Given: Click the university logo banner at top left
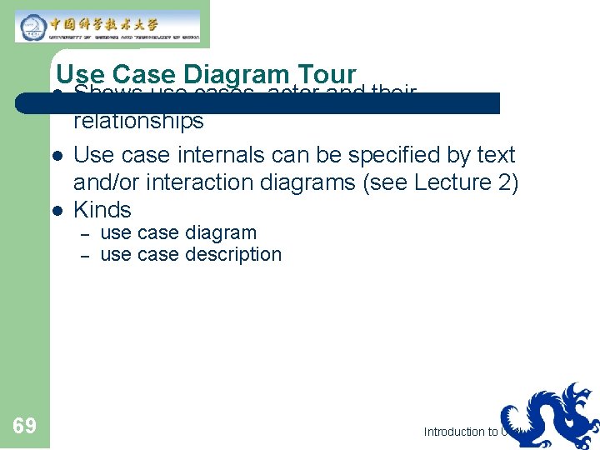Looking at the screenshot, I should tap(107, 26).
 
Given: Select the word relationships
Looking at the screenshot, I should tap(138, 122).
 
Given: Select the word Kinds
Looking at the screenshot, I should tap(102, 210).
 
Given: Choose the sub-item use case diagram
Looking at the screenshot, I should tap(178, 233).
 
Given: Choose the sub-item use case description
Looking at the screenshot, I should tap(191, 255).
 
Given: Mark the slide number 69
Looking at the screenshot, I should tap(25, 427).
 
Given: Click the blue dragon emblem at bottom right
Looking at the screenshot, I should tap(550, 414).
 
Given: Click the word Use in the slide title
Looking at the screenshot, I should tap(80, 77).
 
